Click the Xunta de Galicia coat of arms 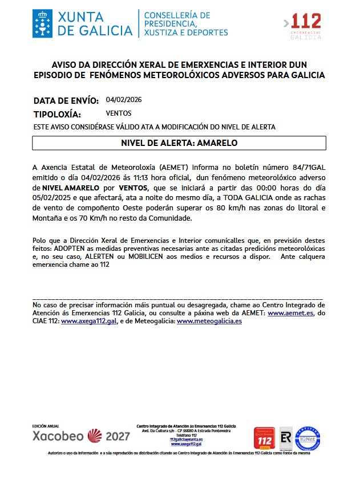click(x=43, y=22)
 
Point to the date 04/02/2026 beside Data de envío click(x=124, y=100)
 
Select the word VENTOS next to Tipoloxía click(x=119, y=113)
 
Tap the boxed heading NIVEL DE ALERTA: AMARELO click(x=179, y=143)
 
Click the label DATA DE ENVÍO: click(x=66, y=100)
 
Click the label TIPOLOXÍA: click(x=57, y=114)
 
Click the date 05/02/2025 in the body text click(x=52, y=198)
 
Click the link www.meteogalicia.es click(x=209, y=322)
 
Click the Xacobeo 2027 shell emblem click(x=95, y=436)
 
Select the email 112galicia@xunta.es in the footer click(x=186, y=439)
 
